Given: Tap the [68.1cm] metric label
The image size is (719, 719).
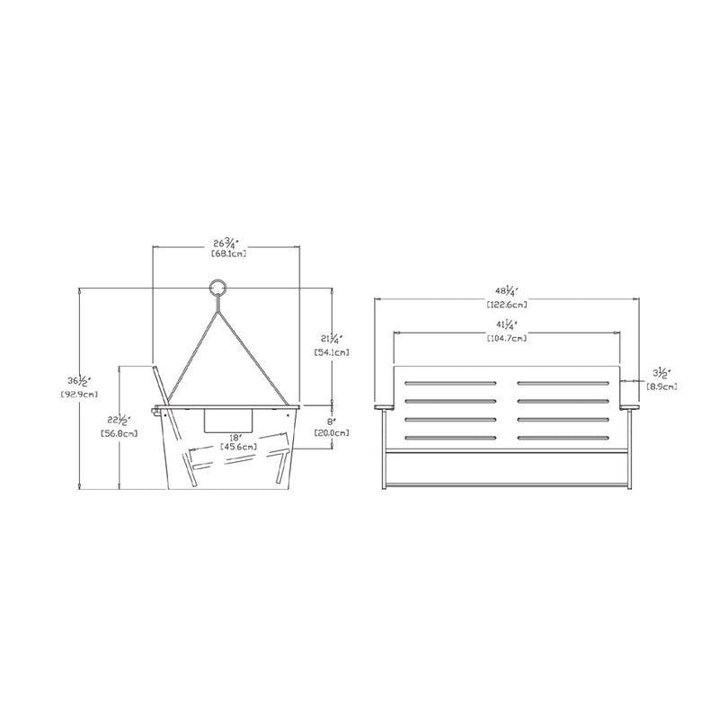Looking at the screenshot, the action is click(229, 253).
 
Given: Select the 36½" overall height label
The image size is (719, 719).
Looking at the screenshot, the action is click(79, 380).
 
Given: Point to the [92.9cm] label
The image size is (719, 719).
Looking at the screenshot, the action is click(79, 394).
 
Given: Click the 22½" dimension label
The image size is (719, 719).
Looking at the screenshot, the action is click(120, 420).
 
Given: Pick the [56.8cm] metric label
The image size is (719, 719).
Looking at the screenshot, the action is click(119, 433).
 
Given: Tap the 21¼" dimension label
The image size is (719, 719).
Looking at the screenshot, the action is click(331, 340).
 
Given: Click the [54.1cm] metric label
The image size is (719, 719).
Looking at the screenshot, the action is click(331, 352).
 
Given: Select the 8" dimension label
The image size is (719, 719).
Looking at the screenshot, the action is click(331, 421).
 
